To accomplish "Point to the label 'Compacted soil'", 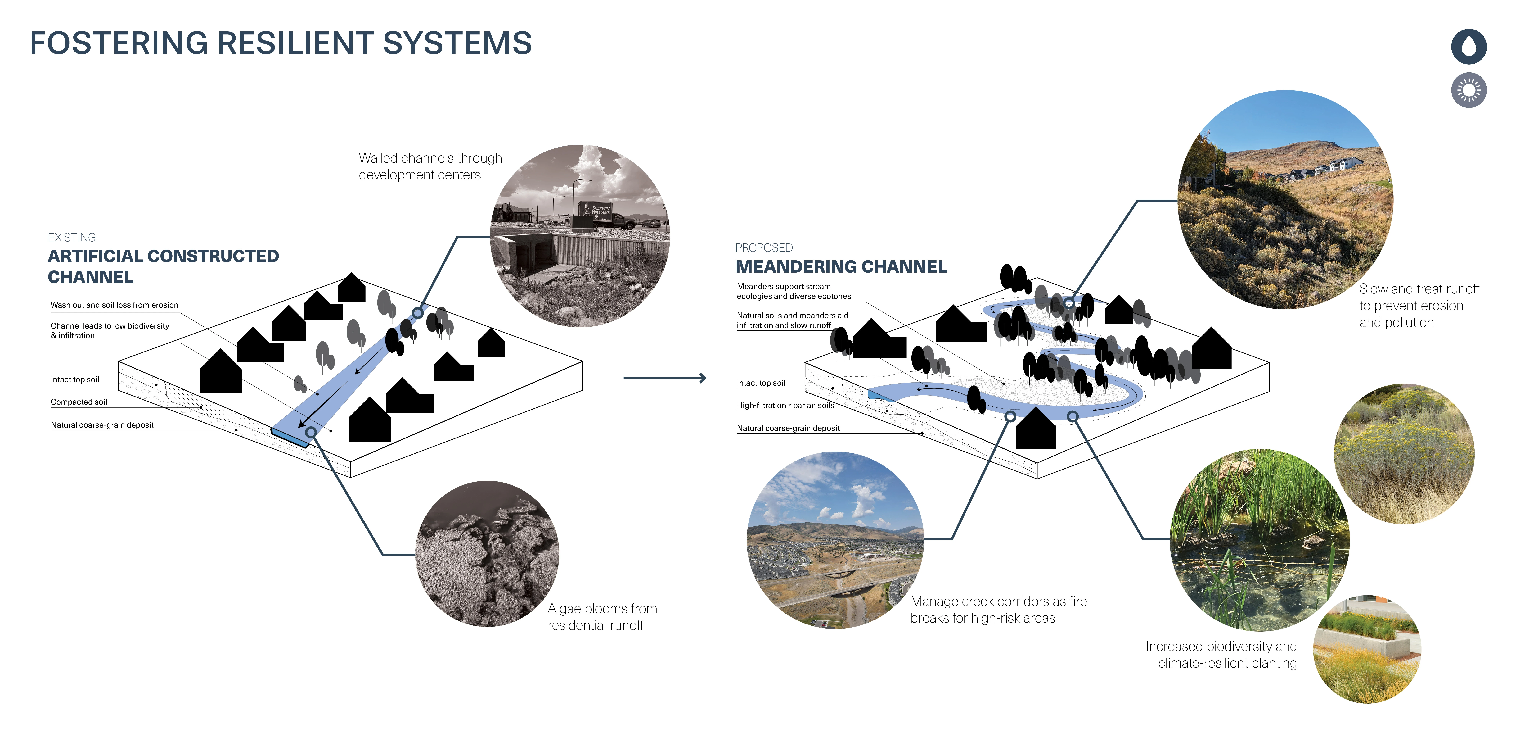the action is click(x=79, y=402).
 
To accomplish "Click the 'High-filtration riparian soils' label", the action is click(x=785, y=406).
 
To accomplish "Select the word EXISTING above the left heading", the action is click(x=72, y=237).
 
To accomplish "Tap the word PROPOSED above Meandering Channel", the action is click(x=764, y=248).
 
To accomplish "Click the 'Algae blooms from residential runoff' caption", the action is click(x=602, y=617).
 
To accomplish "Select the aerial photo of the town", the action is click(x=835, y=540).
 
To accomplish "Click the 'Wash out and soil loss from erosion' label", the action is click(x=114, y=305).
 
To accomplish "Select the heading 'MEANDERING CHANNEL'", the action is click(x=841, y=267).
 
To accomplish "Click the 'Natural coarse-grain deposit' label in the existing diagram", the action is click(x=102, y=425).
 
